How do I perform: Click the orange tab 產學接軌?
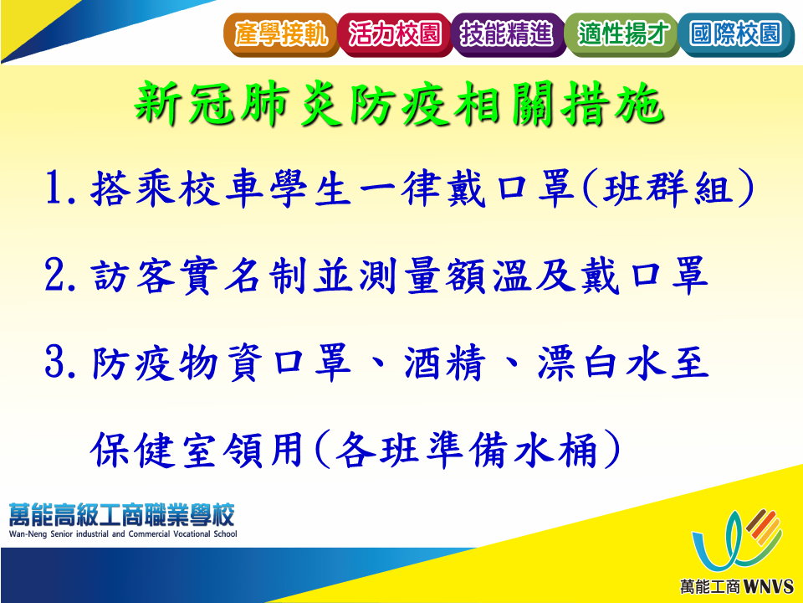click(281, 34)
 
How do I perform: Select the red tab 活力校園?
click(395, 34)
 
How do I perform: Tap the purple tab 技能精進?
click(508, 34)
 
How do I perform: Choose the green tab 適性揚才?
click(622, 34)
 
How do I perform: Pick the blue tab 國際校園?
click(736, 34)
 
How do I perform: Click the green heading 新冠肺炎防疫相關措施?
click(400, 104)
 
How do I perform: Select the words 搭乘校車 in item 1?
click(177, 188)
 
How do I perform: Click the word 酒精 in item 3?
click(444, 363)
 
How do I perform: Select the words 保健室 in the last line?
click(155, 451)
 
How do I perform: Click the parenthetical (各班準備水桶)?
click(467, 450)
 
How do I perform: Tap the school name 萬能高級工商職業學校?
click(122, 514)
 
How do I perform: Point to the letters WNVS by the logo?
click(768, 586)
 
